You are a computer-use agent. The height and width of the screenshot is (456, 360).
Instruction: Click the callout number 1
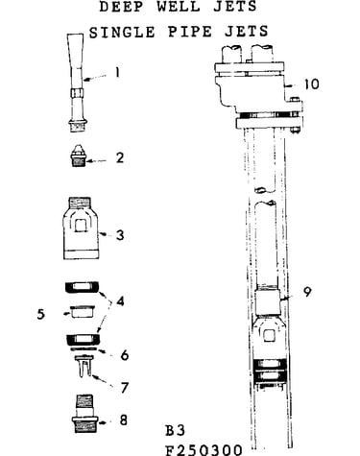click(x=117, y=72)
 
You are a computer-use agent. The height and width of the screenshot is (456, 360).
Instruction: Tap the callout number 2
click(x=120, y=157)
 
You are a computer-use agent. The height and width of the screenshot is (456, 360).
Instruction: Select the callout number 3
click(x=120, y=235)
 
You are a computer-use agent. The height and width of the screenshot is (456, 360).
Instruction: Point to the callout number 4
click(x=120, y=301)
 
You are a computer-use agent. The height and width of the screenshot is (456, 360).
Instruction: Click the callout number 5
click(x=41, y=314)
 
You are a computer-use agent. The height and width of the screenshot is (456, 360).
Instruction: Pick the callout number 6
click(x=125, y=355)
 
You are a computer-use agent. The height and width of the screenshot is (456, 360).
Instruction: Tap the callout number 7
click(x=124, y=387)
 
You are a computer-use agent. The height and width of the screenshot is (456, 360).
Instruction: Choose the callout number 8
click(x=124, y=420)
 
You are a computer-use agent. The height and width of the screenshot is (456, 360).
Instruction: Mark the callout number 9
click(x=307, y=292)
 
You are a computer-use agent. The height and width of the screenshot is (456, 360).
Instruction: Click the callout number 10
click(x=311, y=84)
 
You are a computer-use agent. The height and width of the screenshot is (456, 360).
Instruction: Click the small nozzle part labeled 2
click(x=79, y=156)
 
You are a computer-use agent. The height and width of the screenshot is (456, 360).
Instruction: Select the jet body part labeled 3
click(x=81, y=228)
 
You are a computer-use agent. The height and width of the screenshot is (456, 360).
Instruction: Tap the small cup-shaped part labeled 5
click(x=83, y=312)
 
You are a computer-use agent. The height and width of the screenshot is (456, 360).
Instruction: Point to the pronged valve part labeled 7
click(x=84, y=366)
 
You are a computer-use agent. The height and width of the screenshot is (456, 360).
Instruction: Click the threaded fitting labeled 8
click(x=85, y=414)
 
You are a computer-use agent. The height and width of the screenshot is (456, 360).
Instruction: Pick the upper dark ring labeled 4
click(x=83, y=287)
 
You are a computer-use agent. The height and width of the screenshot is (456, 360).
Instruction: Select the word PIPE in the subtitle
click(x=190, y=32)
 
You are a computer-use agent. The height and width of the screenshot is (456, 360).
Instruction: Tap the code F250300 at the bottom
click(x=204, y=449)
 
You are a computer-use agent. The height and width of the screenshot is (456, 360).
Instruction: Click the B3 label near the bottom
click(x=175, y=430)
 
